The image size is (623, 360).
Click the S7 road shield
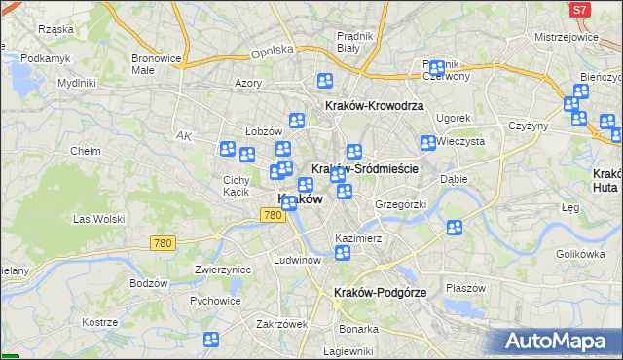tap(579, 10)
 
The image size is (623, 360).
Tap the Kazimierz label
tap(356, 238)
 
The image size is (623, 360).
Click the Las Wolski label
tap(98, 220)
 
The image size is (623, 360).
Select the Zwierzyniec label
tap(225, 269)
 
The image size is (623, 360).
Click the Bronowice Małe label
tap(157, 64)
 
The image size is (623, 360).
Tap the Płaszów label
tap(464, 288)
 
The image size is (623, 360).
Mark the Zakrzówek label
tap(282, 324)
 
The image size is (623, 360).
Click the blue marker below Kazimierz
tap(343, 254)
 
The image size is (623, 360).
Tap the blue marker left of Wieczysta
tap(427, 143)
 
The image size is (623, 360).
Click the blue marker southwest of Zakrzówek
tap(212, 340)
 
